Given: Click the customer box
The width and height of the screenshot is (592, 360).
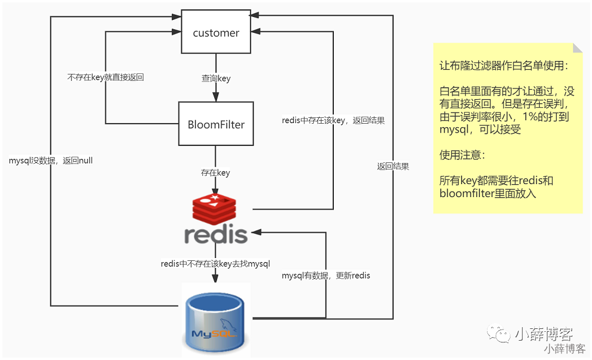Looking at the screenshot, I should pyautogui.click(x=216, y=33).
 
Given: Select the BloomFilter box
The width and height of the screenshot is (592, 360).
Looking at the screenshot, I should pyautogui.click(x=216, y=124).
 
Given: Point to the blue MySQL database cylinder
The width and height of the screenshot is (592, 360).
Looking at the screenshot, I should pyautogui.click(x=215, y=319).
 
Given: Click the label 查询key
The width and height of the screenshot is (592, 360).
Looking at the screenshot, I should pyautogui.click(x=216, y=79).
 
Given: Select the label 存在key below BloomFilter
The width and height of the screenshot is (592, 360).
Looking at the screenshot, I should pyautogui.click(x=215, y=173).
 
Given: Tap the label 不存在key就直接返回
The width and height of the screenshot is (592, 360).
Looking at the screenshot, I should pyautogui.click(x=106, y=77).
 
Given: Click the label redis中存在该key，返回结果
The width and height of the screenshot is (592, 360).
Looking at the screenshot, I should pyautogui.click(x=333, y=120).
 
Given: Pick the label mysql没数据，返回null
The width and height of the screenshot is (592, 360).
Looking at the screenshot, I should pyautogui.click(x=51, y=160).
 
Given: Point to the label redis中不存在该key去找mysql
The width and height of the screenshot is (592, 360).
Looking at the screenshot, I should pyautogui.click(x=215, y=263).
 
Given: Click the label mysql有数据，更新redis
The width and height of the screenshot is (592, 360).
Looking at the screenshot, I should pyautogui.click(x=326, y=275).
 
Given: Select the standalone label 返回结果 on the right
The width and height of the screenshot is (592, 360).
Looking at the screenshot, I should pyautogui.click(x=393, y=166).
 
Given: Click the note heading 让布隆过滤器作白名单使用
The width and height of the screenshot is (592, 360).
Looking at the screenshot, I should pyautogui.click(x=503, y=66).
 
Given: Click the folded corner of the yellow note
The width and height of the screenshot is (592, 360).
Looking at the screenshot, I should pyautogui.click(x=578, y=48).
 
